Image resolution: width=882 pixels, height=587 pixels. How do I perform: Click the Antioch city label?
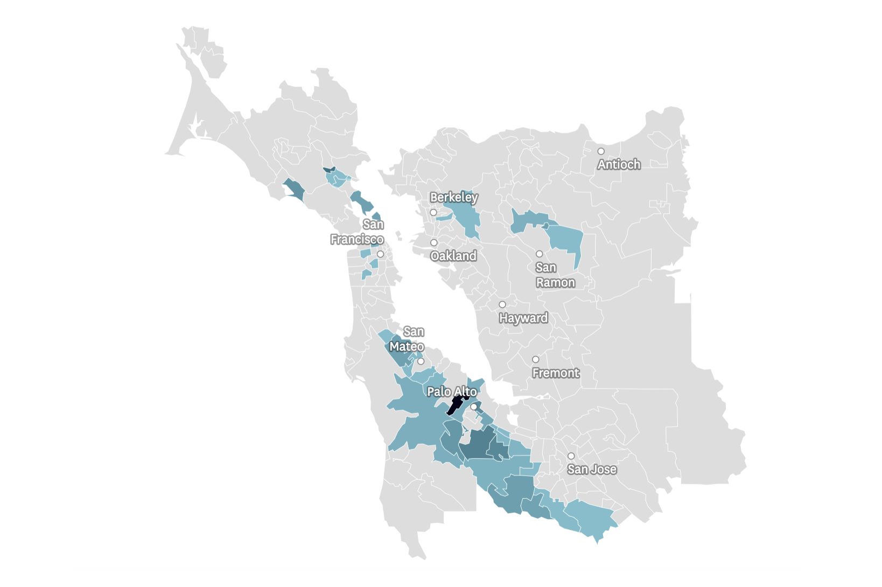(x=619, y=164)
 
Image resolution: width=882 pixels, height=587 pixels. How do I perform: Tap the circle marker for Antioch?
(x=601, y=151)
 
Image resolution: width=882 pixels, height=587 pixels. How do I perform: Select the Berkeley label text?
(x=453, y=198)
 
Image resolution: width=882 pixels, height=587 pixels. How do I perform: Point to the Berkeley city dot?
(x=433, y=213)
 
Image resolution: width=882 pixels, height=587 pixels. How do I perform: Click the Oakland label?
(x=453, y=256)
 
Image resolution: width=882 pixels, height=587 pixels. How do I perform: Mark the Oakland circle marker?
(x=433, y=243)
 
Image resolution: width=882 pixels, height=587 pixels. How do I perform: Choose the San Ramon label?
(x=555, y=275)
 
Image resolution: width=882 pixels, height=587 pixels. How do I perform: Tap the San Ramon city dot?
(x=539, y=254)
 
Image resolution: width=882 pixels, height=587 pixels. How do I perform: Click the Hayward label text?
(x=523, y=318)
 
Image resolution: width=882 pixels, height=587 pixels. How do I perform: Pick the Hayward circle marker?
(x=502, y=305)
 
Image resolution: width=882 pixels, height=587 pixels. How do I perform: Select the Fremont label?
(x=556, y=373)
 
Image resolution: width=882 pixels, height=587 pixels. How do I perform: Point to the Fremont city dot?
(x=536, y=359)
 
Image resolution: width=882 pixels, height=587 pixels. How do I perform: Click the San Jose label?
(x=592, y=469)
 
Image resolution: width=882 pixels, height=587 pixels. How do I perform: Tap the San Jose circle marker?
(x=571, y=456)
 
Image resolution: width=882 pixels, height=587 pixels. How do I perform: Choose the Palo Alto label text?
(x=452, y=392)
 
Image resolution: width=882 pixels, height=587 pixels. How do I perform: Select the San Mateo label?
(x=408, y=339)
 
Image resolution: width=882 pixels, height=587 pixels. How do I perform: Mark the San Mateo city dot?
(x=421, y=361)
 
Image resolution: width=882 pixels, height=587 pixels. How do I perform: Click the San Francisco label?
(x=358, y=232)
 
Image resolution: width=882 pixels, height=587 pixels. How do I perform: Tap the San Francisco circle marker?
(x=380, y=254)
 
